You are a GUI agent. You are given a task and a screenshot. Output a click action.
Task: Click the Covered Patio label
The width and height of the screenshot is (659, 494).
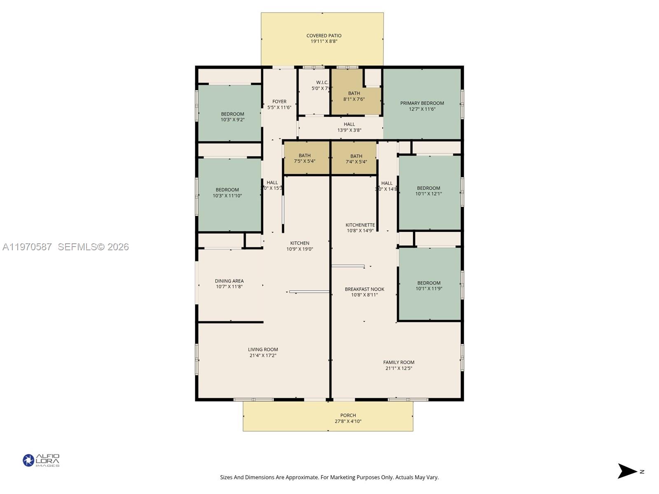click(324, 36)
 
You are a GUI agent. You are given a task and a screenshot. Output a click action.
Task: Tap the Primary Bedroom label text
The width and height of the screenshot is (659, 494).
click(422, 103)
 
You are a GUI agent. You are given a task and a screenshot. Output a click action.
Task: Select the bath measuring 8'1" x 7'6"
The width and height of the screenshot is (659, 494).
click(354, 96)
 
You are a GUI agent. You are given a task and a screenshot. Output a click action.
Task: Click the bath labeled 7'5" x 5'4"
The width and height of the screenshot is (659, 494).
click(305, 158)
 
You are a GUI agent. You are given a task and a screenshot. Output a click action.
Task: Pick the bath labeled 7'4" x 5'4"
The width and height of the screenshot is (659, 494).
click(356, 159)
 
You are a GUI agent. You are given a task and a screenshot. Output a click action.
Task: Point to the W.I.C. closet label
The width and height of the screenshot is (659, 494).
click(322, 83)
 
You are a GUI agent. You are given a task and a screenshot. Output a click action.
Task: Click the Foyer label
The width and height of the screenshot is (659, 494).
click(279, 102)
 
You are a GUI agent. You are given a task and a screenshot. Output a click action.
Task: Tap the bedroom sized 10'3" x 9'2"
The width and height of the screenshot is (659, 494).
click(233, 117)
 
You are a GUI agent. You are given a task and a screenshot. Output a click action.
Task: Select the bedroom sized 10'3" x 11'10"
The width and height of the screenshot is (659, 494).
click(227, 193)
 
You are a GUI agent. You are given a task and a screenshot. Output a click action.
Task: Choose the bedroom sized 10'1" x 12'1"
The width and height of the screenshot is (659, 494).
click(428, 191)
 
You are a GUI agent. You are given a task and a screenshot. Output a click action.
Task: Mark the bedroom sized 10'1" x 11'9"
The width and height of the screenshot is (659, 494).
click(429, 286)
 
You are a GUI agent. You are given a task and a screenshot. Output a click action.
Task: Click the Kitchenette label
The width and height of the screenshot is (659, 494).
click(360, 225)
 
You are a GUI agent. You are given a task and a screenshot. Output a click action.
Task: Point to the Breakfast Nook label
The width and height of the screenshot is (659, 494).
click(365, 289)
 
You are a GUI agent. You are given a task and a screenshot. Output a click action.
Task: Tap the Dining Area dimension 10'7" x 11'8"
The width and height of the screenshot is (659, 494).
click(229, 287)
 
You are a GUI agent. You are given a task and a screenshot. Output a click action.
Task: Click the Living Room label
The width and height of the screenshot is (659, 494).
click(263, 350)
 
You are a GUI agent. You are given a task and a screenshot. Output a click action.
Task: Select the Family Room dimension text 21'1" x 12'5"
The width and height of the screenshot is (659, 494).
click(399, 368)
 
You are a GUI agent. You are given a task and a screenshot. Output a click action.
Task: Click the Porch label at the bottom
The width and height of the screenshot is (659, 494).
click(348, 415)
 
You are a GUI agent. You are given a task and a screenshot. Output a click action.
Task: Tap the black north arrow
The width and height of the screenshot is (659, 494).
click(627, 471)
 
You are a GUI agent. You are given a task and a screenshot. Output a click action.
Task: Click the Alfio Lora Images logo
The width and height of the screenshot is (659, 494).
click(41, 460)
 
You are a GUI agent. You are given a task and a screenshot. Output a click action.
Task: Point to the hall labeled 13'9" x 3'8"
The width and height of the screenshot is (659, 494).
click(349, 127)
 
